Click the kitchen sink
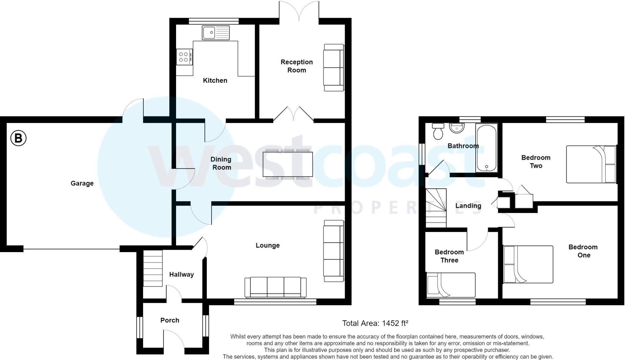point(215,33)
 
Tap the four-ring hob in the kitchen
point(184,57)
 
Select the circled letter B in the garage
point(18,138)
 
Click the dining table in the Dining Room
point(288,164)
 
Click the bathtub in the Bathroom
point(486,148)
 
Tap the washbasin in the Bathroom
point(457,128)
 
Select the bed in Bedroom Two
point(591,164)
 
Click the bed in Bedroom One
point(528,264)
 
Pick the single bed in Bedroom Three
point(451,285)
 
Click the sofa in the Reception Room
point(333,68)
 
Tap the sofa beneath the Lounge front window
point(275,287)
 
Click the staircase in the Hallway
point(153,268)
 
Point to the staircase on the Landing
point(436,208)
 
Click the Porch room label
point(170,320)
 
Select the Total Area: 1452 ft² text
point(375,323)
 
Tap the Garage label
point(82,183)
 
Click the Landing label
point(468,206)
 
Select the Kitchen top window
point(213,21)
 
